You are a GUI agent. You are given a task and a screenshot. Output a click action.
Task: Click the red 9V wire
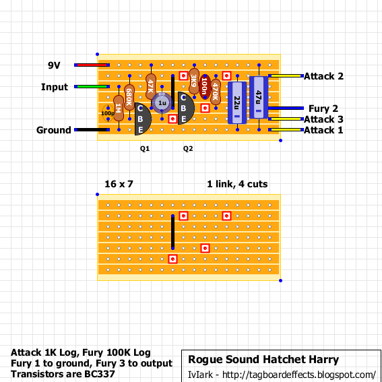pyautogui.click(x=92, y=65)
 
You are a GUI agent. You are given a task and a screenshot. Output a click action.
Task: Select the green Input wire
pyautogui.click(x=92, y=86)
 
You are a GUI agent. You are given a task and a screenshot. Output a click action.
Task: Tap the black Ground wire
pyautogui.click(x=92, y=129)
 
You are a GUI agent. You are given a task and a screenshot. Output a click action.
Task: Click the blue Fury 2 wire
pyautogui.click(x=286, y=108)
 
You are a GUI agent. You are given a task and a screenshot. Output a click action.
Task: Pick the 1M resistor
pyautogui.click(x=119, y=108)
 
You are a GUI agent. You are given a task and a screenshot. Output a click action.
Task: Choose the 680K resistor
pyautogui.click(x=129, y=98)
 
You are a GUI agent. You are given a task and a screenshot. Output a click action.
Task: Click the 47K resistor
pyautogui.click(x=151, y=86)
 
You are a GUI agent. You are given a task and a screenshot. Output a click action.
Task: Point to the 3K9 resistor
pyautogui.click(x=194, y=81)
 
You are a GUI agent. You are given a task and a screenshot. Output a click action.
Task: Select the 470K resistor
pyautogui.click(x=216, y=92)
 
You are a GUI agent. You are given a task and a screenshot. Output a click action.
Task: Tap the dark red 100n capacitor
pyautogui.click(x=205, y=87)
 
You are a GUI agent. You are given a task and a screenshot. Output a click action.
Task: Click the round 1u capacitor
pyautogui.click(x=162, y=103)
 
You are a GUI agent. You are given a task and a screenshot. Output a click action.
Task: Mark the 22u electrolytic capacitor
pyautogui.click(x=237, y=103)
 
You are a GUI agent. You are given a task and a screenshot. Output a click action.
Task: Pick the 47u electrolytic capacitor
pyautogui.click(x=259, y=98)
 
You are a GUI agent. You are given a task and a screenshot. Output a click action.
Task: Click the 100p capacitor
pyautogui.click(x=108, y=113)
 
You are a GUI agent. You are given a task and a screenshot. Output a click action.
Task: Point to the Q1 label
pyautogui.click(x=145, y=149)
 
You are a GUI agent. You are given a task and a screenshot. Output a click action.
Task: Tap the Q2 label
pyautogui.click(x=188, y=149)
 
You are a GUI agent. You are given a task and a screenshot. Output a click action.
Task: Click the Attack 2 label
pyautogui.click(x=323, y=76)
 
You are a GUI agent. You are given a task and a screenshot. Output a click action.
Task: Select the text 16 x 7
pyautogui.click(x=119, y=184)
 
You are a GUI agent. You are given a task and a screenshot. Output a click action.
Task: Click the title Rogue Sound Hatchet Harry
pyautogui.click(x=263, y=360)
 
